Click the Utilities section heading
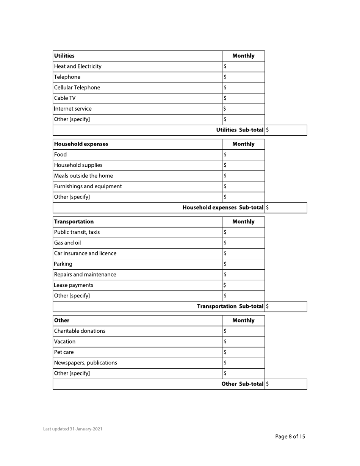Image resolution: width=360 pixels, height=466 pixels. [64, 56]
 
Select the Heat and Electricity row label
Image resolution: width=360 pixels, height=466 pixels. [78, 67]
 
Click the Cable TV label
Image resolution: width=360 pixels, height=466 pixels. [65, 99]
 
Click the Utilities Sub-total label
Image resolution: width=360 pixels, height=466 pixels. [239, 130]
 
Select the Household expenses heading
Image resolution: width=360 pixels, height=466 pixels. [81, 144]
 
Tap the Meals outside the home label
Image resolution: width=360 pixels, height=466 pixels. [84, 176]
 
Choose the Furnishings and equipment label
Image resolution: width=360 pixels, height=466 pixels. [88, 186]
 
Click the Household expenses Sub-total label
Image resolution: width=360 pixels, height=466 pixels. [223, 208]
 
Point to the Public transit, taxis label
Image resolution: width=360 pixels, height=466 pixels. [77, 232]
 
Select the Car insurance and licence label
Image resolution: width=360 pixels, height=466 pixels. [86, 253]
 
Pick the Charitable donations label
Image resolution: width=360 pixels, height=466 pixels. [80, 331]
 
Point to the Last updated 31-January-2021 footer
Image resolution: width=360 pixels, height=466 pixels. [72, 429]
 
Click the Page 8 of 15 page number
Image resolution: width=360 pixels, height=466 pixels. [290, 436]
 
